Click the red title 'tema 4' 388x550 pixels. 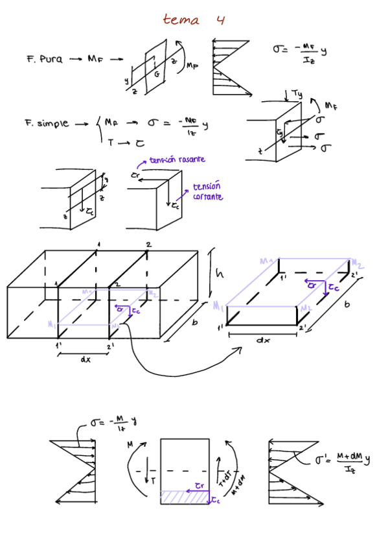pos(194,19)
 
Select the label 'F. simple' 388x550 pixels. pos(47,123)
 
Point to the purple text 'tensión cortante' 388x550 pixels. pos(207,191)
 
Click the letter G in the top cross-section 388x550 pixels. pos(156,73)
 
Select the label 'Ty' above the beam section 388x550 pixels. pos(297,94)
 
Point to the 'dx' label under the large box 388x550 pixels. pos(85,360)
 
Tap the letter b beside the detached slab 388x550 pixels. pos(347,305)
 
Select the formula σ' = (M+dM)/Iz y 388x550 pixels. pos(343,462)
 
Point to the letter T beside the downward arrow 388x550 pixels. pos(153,480)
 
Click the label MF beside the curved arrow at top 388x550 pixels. pos(192,65)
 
